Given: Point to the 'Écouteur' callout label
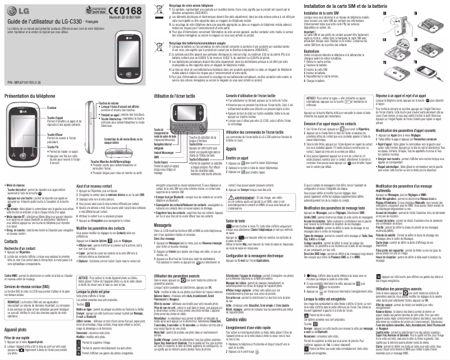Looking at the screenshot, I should click(x=47, y=107).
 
